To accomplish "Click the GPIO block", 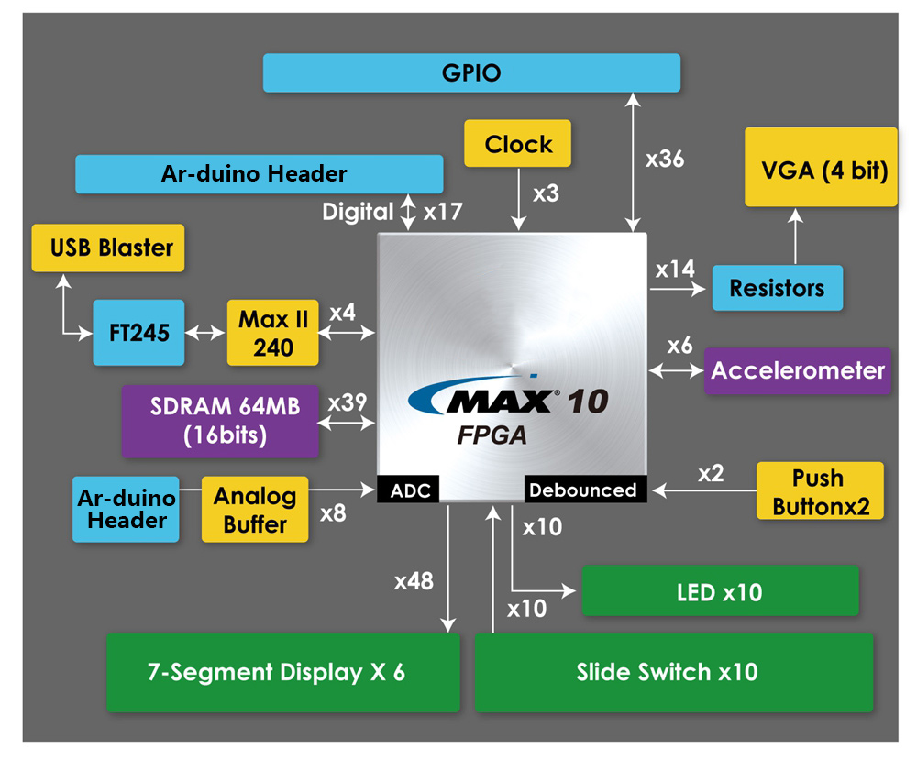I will (471, 72).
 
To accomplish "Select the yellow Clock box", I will (518, 144).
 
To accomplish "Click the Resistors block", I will (777, 288).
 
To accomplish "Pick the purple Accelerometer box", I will (798, 370).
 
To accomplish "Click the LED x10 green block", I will (720, 591).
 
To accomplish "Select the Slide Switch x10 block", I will (673, 672).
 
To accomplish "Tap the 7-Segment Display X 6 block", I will (282, 672).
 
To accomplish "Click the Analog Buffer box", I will (255, 510).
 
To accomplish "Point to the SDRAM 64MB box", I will (220, 421).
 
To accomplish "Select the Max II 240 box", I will (272, 333).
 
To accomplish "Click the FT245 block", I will (126, 332).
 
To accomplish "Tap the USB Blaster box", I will (108, 248).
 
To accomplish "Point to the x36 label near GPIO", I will (664, 159).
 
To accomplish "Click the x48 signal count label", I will (413, 580).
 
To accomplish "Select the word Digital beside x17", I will (358, 212).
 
